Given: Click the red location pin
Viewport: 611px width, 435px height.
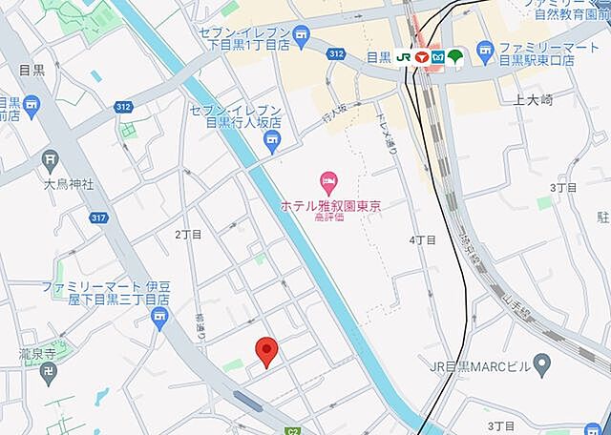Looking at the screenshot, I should click(268, 351).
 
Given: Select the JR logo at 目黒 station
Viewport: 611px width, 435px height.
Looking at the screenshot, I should click(404, 57).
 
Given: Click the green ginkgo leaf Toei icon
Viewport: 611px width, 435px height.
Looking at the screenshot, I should click(454, 57).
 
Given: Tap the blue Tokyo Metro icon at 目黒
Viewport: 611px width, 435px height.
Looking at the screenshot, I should click(437, 57).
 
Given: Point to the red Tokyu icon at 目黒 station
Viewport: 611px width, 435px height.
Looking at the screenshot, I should click(421, 57).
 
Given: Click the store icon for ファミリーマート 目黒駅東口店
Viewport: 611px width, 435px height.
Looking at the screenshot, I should click(486, 49).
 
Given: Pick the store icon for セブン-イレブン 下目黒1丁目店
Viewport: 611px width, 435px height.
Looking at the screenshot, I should click(303, 38).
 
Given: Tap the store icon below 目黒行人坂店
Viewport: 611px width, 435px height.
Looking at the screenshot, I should click(272, 143).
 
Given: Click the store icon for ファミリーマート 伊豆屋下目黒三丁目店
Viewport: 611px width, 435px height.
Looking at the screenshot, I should click(156, 324).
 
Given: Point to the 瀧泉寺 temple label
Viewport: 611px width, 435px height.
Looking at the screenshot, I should click(39, 353).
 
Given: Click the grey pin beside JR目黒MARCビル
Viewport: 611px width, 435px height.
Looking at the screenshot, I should click(542, 363).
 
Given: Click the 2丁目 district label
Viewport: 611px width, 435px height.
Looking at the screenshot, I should click(189, 234).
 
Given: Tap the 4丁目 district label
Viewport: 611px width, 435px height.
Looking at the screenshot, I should click(421, 239).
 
